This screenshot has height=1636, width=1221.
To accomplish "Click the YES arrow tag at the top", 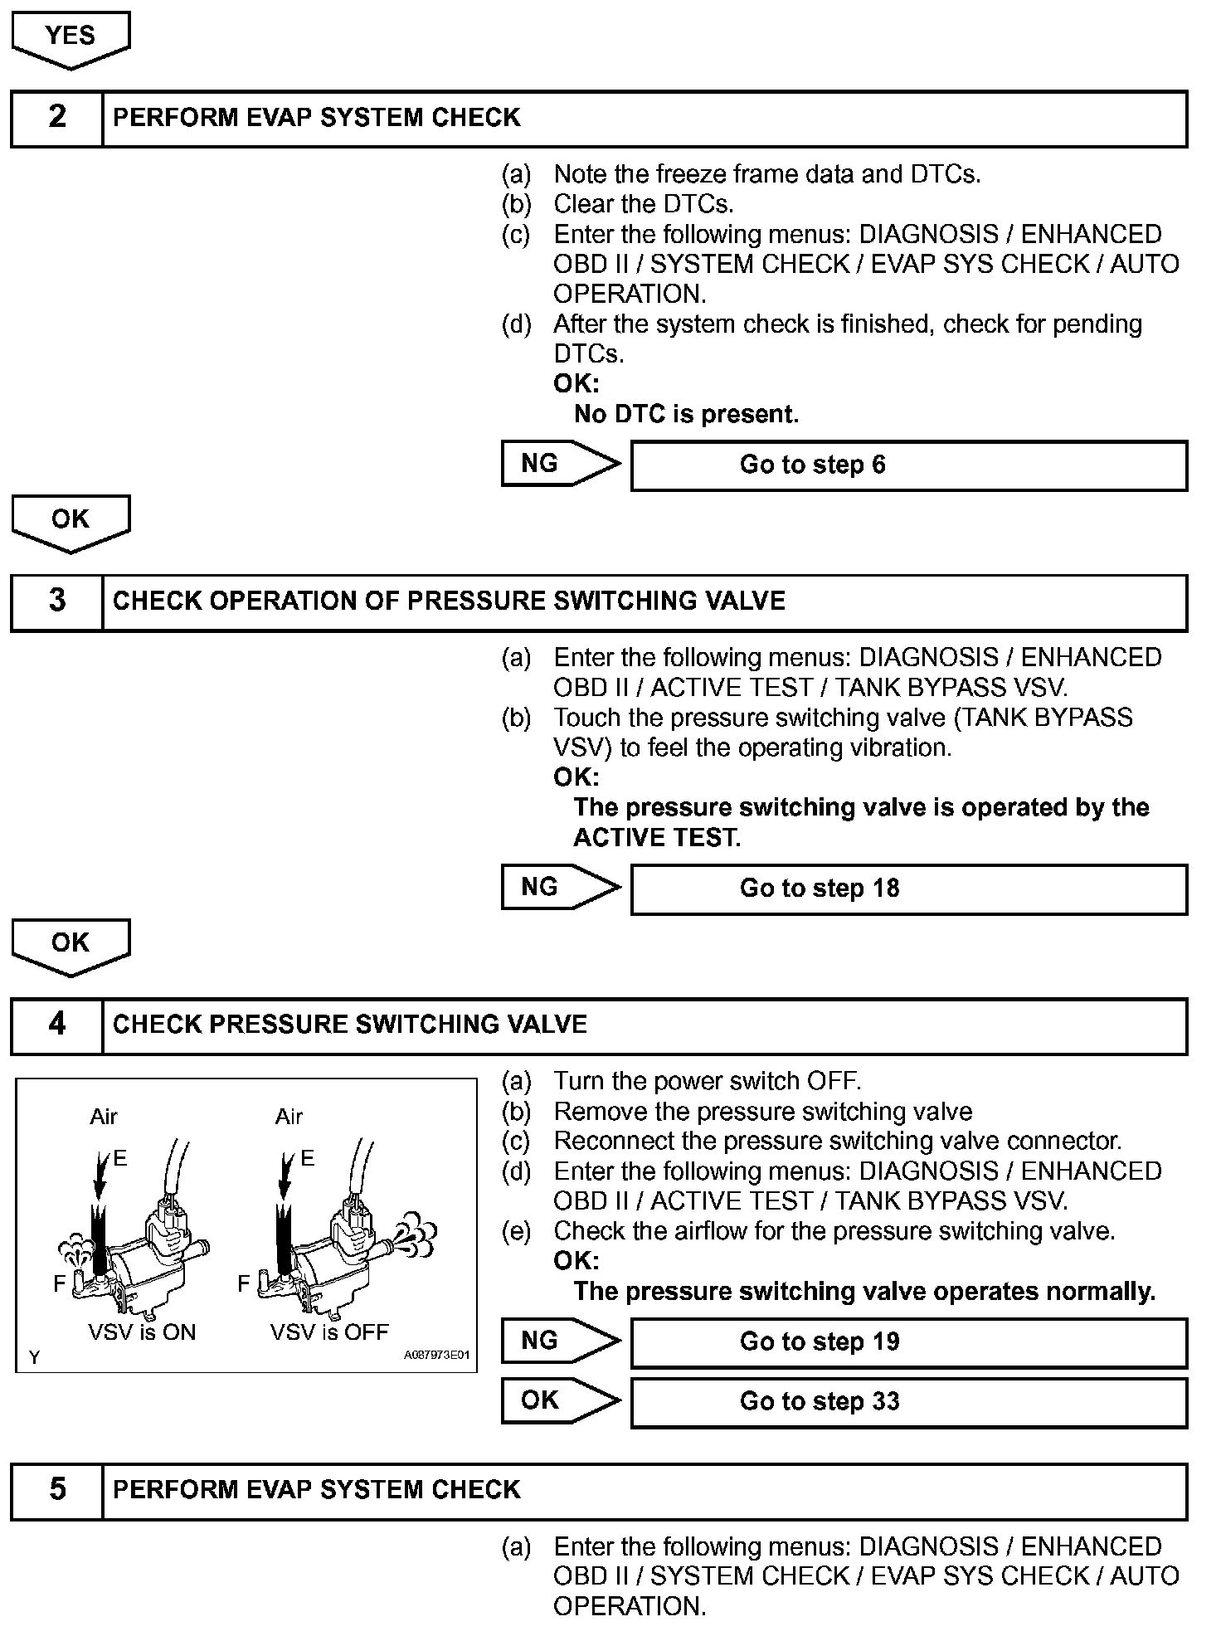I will [x=71, y=37].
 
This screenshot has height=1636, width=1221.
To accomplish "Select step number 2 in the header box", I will [x=57, y=117].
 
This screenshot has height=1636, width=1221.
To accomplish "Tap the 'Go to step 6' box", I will [x=908, y=465].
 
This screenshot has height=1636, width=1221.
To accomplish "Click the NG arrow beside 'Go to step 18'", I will [x=559, y=888].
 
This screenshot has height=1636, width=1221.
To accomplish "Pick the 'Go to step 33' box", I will [x=908, y=1401].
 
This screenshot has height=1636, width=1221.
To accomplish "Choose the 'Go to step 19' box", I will [x=908, y=1341].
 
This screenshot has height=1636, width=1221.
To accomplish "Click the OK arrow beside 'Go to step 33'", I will [x=559, y=1400].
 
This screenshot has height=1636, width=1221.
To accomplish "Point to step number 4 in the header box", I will [x=57, y=1025].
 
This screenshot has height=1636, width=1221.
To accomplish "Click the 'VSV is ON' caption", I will [x=142, y=1332].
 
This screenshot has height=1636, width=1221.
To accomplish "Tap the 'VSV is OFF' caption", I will [x=329, y=1332].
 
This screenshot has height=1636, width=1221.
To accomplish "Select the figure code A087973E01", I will [x=436, y=1356].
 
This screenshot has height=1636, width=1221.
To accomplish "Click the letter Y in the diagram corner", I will [x=34, y=1357].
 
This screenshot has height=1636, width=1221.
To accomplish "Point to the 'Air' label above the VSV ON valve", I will [x=104, y=1117].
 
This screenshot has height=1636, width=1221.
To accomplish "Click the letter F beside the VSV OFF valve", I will [x=243, y=1284].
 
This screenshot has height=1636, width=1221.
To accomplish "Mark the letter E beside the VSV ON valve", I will [x=120, y=1158].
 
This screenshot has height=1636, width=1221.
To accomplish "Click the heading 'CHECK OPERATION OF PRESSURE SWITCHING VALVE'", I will [x=449, y=601].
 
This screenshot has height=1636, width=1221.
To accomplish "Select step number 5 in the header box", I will [x=57, y=1489].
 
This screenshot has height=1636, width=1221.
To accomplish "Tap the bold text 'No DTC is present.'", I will [x=686, y=414].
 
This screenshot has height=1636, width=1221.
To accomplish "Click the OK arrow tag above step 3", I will [x=71, y=520].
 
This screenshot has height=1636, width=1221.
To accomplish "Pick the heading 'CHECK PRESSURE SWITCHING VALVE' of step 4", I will [x=349, y=1025].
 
